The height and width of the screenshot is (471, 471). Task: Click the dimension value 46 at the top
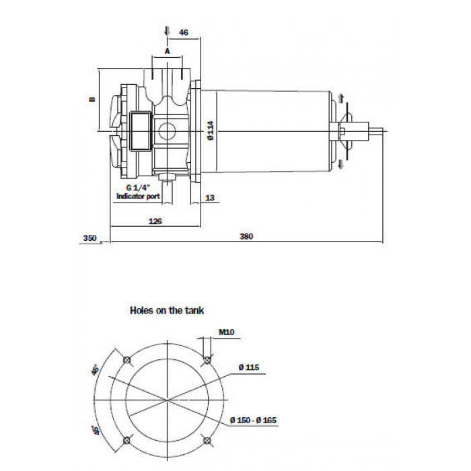click(183, 32)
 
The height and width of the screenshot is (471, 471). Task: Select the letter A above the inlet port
click(168, 51)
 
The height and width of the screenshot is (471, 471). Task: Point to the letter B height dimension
click(93, 99)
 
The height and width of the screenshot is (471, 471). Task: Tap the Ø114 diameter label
click(211, 131)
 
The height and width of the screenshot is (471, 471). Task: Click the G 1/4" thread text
click(138, 188)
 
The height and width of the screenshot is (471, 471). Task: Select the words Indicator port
click(138, 196)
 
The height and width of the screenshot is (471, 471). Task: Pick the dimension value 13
click(210, 198)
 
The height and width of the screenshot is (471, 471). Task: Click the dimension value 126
click(155, 221)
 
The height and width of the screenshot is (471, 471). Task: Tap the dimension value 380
click(246, 236)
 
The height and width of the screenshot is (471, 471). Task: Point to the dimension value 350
click(89, 238)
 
